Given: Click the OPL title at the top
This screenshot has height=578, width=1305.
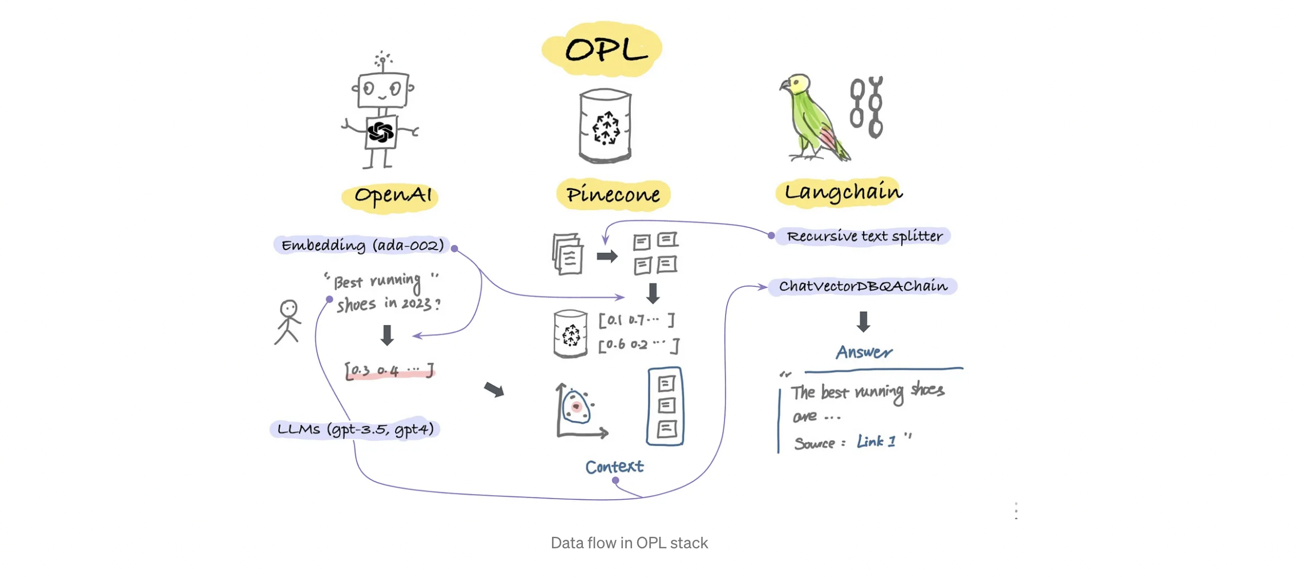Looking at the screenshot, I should pyautogui.click(x=605, y=50).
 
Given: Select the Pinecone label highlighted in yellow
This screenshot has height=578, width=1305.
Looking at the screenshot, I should pyautogui.click(x=613, y=195).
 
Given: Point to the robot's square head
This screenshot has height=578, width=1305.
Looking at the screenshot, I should pyautogui.click(x=382, y=90).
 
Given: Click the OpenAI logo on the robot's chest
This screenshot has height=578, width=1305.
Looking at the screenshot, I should pyautogui.click(x=381, y=133).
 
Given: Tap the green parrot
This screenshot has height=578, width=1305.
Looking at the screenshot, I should pyautogui.click(x=811, y=117).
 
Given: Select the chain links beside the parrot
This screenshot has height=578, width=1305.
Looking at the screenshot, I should pyautogui.click(x=867, y=107).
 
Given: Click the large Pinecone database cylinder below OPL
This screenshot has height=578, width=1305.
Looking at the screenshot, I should pyautogui.click(x=605, y=126).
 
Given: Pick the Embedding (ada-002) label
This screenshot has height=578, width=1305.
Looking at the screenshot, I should pyautogui.click(x=362, y=246).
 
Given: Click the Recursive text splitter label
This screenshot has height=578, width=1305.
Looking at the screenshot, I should pyautogui.click(x=864, y=236).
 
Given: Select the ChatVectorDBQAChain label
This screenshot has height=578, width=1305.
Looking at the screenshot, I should pyautogui.click(x=863, y=286).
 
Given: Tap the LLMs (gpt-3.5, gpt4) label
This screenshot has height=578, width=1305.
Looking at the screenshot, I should pyautogui.click(x=355, y=429).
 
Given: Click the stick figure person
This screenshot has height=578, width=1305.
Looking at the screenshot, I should pyautogui.click(x=288, y=322).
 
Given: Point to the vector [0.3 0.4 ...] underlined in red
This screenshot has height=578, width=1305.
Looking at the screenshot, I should pyautogui.click(x=389, y=370).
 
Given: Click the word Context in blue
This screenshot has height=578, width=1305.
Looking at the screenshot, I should pyautogui.click(x=614, y=467).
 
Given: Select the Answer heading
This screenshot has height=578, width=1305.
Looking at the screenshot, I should pyautogui.click(x=864, y=352).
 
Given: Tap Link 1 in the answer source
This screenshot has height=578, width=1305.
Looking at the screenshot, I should pyautogui.click(x=876, y=441).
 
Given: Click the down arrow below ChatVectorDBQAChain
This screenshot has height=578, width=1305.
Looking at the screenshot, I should pyautogui.click(x=863, y=322).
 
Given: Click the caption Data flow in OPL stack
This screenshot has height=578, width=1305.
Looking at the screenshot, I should pyautogui.click(x=629, y=543).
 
